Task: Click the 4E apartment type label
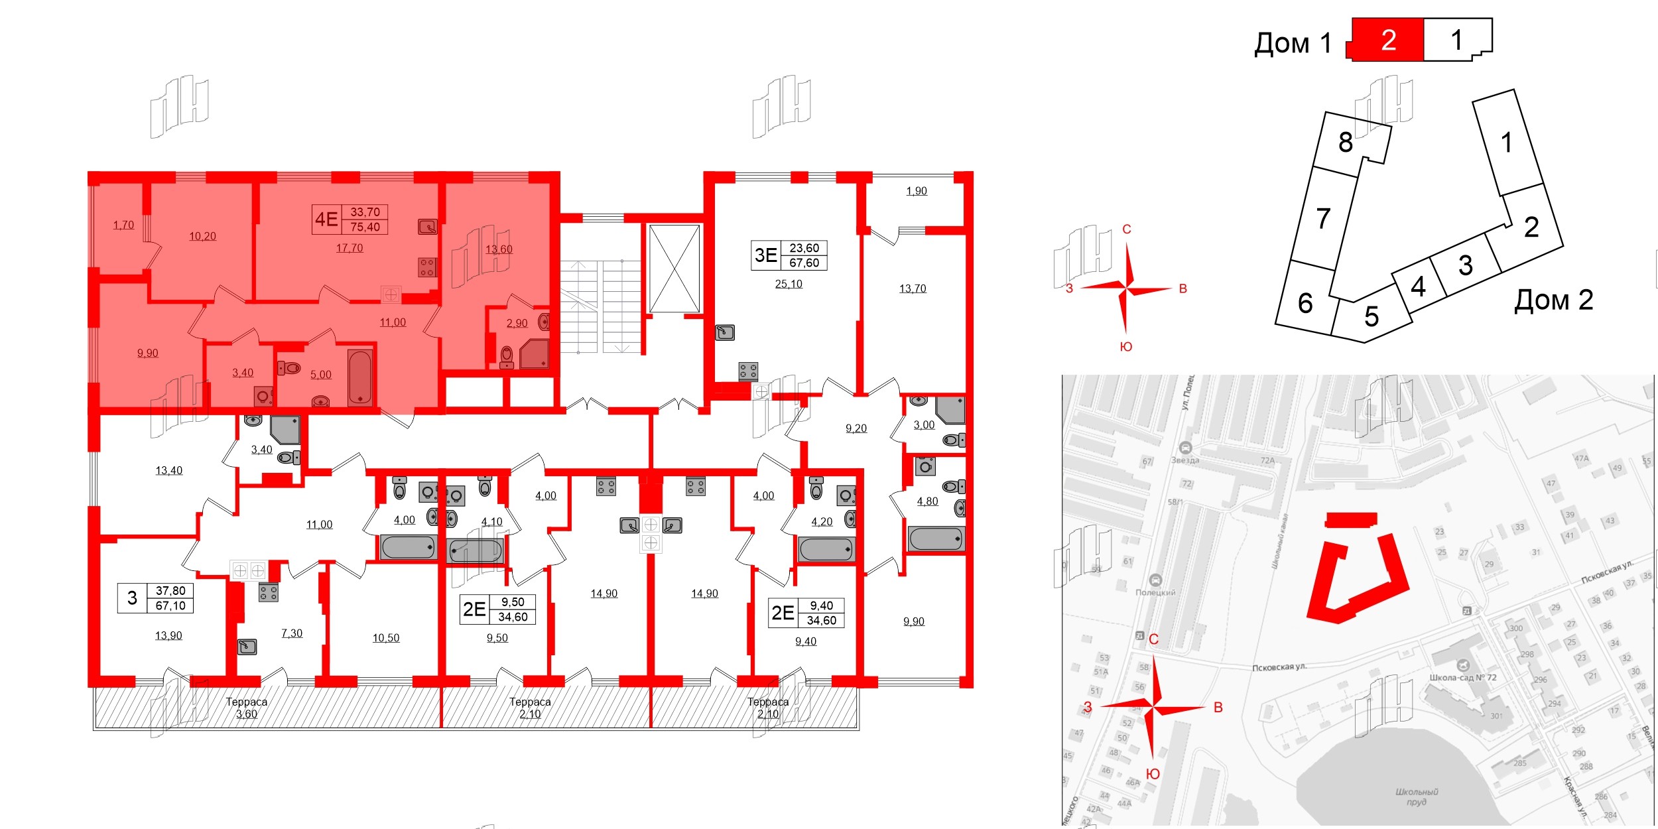point(326,219)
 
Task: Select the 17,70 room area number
point(350,248)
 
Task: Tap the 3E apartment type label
point(766,255)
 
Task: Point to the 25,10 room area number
point(789,284)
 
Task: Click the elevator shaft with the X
point(674,269)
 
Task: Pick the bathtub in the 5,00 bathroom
point(360,377)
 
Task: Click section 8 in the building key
point(1345,142)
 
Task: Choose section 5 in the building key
point(1371,316)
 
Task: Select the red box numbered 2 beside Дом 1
point(1388,40)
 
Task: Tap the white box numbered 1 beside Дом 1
point(1456,40)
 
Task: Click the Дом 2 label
point(1553,300)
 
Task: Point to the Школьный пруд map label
point(1417,797)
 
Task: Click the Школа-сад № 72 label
point(1463,678)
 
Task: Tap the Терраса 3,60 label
point(247,708)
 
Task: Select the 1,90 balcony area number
point(917,191)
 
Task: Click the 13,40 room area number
point(168,471)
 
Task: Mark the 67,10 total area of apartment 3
point(170,606)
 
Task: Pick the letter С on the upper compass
point(1126,229)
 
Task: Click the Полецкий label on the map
point(1155,592)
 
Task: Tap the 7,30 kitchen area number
point(292,633)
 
